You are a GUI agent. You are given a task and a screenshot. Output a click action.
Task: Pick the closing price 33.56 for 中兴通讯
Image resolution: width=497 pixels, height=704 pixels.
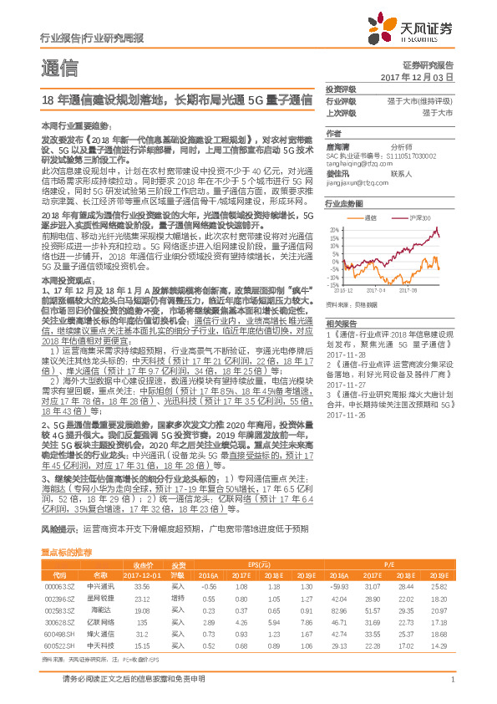[x=143, y=587]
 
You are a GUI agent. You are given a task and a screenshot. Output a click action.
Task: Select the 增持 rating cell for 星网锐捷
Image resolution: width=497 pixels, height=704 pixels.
[x=178, y=599]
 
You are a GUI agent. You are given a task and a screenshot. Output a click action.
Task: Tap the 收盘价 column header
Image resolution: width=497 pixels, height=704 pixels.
[x=143, y=565]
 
